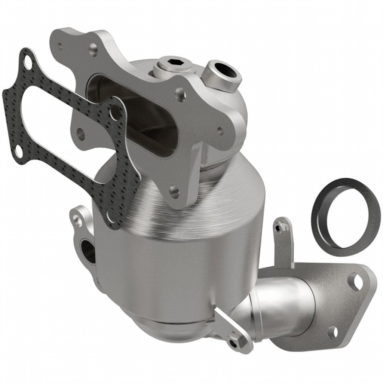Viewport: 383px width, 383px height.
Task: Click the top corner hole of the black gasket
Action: (27, 60)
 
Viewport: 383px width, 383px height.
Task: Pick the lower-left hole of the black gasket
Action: (18, 150)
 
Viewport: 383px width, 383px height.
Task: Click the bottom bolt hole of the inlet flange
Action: (174, 192)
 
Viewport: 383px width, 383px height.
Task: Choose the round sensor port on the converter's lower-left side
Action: (88, 250)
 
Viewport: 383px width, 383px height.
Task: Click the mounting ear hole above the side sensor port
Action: (78, 221)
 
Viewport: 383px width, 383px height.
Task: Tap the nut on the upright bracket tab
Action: (279, 226)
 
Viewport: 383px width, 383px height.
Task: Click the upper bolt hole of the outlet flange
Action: (357, 281)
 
